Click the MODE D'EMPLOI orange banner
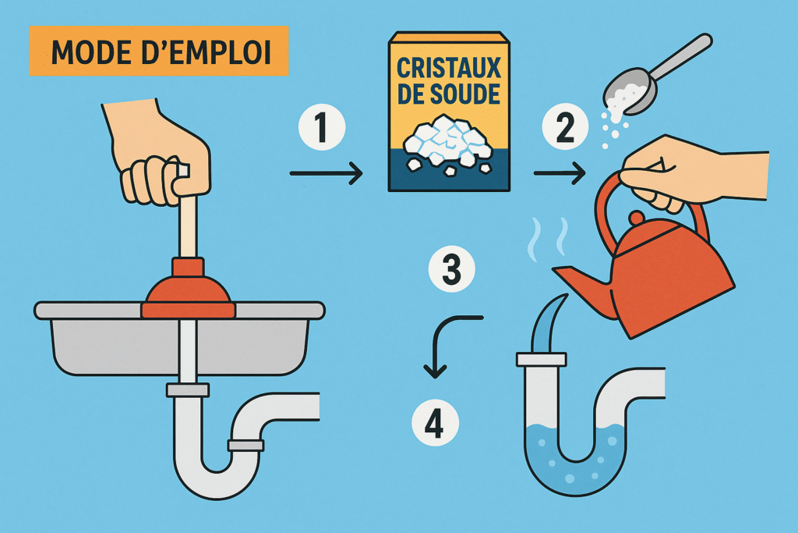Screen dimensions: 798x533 tap(159, 51)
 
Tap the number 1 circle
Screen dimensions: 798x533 tap(322, 127)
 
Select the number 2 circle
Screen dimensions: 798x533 tap(565, 126)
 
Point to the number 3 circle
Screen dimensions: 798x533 tap(452, 268)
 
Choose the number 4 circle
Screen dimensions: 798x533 tap(435, 423)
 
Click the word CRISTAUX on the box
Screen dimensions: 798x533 tap(449, 68)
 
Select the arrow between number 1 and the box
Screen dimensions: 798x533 tap(327, 174)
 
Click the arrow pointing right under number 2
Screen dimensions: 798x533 tap(560, 173)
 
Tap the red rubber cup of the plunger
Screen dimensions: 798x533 tap(189, 291)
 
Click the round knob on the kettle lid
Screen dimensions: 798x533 tap(636, 218)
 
